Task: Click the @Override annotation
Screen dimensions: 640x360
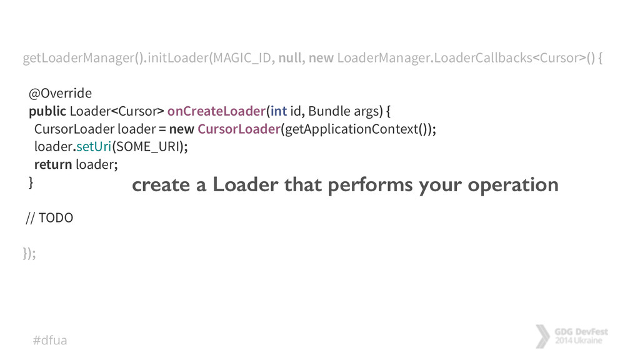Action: click(60, 94)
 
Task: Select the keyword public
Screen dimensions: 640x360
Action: click(47, 112)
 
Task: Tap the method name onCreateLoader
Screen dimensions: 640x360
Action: click(216, 112)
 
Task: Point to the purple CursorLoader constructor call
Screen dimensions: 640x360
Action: click(238, 129)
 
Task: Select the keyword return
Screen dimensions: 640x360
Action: click(52, 164)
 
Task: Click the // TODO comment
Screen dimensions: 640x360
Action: click(49, 218)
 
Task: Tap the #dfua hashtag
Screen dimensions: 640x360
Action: click(49, 340)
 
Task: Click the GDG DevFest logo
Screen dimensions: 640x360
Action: click(572, 336)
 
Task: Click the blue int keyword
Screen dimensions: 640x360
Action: click(279, 112)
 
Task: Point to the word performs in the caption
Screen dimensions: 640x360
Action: click(367, 185)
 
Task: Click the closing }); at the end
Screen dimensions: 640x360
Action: click(29, 253)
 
